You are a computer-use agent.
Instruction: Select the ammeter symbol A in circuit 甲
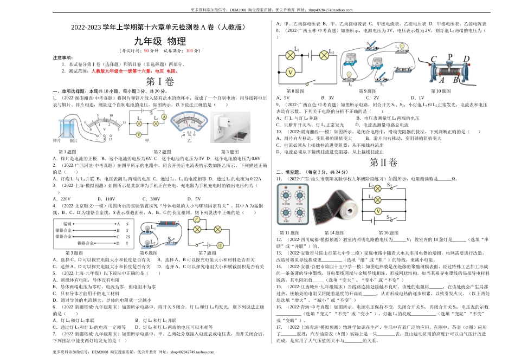pyautogui.click(x=138, y=133)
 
